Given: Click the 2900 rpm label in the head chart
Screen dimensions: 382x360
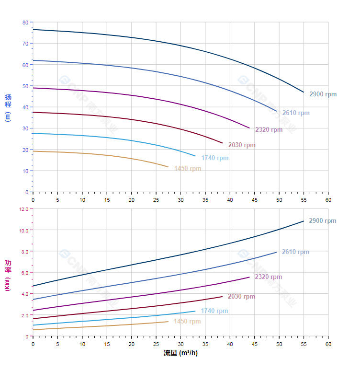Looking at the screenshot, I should coord(323,94).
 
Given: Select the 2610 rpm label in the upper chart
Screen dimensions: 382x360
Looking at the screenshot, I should coord(296,113).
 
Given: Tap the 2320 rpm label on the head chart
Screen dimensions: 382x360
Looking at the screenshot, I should coord(269,129).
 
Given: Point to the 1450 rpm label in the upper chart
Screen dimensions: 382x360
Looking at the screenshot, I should coord(188,169).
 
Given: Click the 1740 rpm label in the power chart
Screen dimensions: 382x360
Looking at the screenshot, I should coord(214,311).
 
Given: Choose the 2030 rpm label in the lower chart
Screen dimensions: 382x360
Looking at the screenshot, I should coord(241,297).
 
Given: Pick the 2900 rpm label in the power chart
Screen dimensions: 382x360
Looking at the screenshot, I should coord(323,221).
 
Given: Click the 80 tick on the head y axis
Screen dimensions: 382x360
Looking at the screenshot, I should coord(25,23).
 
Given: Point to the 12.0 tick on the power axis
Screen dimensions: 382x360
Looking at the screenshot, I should coord(23,209).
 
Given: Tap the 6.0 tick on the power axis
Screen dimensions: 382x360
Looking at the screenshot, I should coord(25,273).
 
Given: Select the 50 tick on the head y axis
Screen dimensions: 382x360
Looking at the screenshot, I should coord(25,86).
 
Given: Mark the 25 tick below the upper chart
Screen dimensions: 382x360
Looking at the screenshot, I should coord(156,199).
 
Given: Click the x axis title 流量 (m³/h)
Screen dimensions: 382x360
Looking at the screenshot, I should coord(180,353).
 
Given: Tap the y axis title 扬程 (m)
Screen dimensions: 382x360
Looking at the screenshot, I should coord(8,107).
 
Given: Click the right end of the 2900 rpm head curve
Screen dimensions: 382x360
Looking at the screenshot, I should coord(304,92).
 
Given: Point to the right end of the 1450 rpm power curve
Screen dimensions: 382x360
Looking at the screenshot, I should coord(169,322).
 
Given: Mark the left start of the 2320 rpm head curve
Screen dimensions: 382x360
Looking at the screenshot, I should coord(33,88).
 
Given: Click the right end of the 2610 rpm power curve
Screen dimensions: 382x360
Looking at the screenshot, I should coord(276,252).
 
